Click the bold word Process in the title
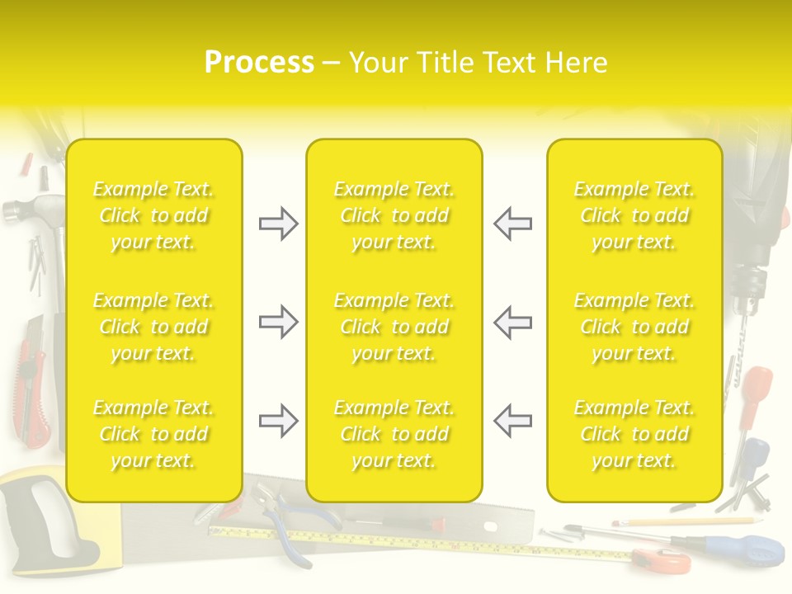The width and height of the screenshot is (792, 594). coord(259,63)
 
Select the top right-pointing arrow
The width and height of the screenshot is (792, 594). coord(279,224)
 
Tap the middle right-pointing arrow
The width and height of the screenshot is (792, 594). coord(279,322)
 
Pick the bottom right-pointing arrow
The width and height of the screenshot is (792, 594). coord(279,421)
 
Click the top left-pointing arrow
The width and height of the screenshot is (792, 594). coord(512,224)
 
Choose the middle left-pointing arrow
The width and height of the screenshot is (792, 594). coord(512,322)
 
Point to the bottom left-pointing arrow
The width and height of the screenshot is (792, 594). coord(512,421)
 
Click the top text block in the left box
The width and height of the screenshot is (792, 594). coord(153,215)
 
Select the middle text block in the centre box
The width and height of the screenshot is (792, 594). coord(394,327)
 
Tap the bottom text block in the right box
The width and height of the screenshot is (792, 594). coord(634,434)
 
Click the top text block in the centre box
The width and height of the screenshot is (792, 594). coord(394,215)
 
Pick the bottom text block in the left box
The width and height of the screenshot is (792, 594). coord(153,434)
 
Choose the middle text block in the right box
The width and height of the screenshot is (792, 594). coord(634,327)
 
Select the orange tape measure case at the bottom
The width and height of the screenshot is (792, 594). coord(664,561)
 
